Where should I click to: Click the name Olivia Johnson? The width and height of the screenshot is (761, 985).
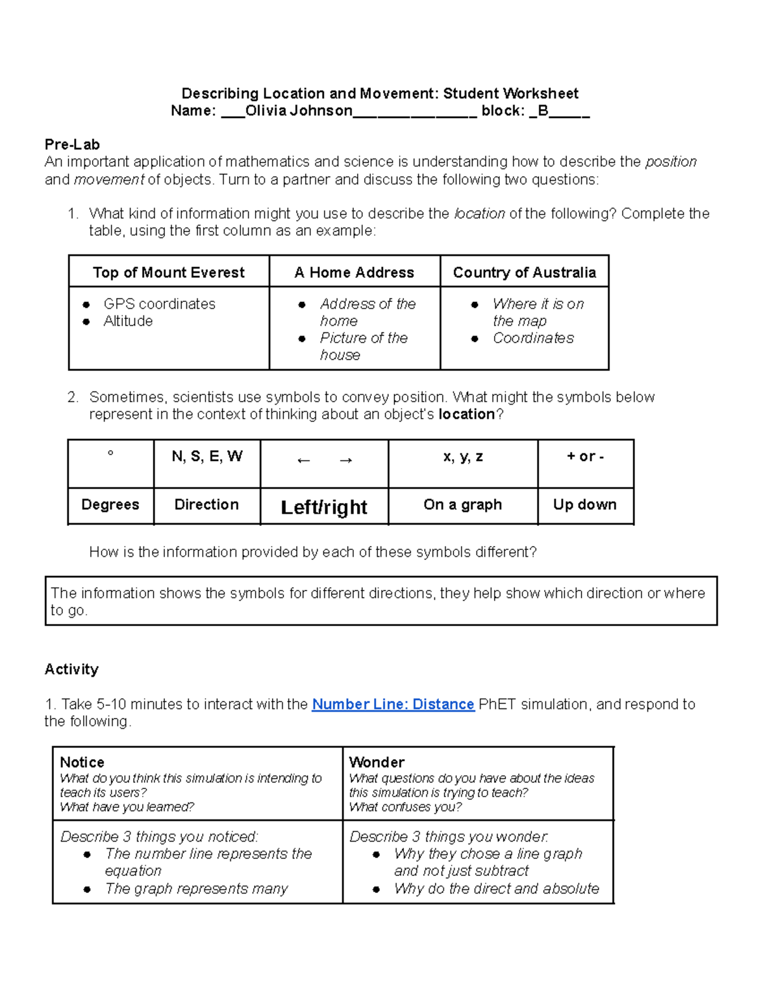coord(299,111)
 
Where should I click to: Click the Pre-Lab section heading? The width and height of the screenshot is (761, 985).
coord(72,145)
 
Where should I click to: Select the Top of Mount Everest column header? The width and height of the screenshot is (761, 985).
coord(169,273)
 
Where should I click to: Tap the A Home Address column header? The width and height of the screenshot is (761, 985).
coord(354,273)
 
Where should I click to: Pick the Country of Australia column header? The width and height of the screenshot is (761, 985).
coord(524,273)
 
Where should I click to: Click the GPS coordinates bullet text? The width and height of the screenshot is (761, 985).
coord(159,304)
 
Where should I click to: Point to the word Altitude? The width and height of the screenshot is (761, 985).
coord(128,321)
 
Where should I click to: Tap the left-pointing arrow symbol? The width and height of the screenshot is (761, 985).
coord(304,460)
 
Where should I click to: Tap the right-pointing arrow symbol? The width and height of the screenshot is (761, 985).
coord(346,460)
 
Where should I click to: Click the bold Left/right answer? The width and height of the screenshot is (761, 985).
coord(324,507)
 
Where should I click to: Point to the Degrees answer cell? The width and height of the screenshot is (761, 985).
coord(110,505)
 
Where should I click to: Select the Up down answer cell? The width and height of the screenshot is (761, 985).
coord(585,505)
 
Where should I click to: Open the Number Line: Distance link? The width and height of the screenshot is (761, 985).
coord(393,704)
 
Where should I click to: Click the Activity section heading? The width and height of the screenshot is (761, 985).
coord(72,669)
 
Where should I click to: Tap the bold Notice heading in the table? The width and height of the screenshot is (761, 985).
coord(82,762)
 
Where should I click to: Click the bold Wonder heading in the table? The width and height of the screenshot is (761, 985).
coord(377,762)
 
